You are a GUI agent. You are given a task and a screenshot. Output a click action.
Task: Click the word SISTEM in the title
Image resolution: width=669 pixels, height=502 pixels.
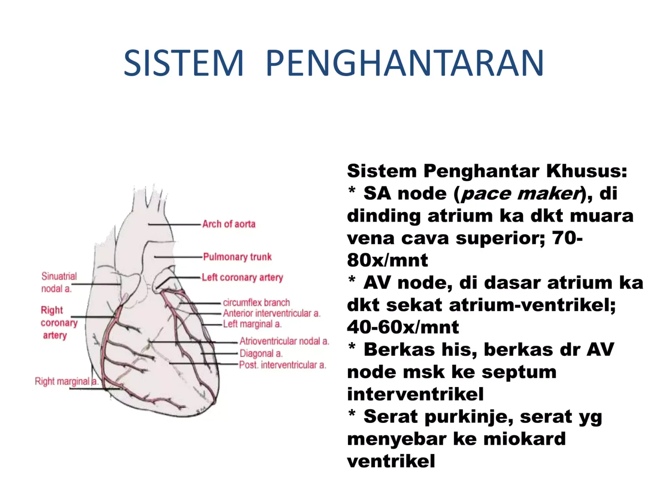[184, 63]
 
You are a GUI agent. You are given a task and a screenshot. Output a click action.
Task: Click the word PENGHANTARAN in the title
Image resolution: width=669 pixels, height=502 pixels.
[405, 63]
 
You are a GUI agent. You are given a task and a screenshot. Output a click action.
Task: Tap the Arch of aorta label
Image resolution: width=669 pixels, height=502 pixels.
[229, 224]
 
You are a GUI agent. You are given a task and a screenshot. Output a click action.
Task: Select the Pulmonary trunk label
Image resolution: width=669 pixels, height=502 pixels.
[237, 257]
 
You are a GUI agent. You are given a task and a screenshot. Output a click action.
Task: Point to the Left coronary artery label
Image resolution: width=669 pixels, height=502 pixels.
[242, 278]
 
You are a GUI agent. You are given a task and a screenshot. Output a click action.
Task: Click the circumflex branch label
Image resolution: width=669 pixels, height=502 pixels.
[256, 302]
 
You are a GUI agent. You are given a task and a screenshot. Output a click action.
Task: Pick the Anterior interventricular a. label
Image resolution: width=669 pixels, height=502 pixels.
[271, 313]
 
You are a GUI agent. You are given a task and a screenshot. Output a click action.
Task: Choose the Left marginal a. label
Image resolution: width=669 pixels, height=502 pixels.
[252, 324]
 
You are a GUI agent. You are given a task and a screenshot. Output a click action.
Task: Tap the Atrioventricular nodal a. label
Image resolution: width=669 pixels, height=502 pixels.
[284, 341]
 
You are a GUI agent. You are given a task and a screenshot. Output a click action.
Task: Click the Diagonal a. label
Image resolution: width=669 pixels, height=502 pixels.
[261, 353]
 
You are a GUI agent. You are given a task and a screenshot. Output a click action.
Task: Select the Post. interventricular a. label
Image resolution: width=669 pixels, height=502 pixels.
[283, 365]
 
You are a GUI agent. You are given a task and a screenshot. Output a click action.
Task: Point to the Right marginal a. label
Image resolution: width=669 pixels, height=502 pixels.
[66, 381]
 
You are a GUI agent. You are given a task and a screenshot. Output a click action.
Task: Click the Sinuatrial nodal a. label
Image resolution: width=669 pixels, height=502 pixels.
[59, 282]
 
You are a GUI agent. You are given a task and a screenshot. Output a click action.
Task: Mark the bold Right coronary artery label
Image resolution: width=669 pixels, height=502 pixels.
[59, 323]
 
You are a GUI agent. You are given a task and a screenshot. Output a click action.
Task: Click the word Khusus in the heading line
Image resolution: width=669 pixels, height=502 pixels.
[586, 171]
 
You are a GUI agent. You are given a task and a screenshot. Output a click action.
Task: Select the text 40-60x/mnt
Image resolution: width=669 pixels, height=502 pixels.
[403, 327]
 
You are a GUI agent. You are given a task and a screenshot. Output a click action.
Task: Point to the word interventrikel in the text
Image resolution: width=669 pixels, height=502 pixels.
[415, 394]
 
